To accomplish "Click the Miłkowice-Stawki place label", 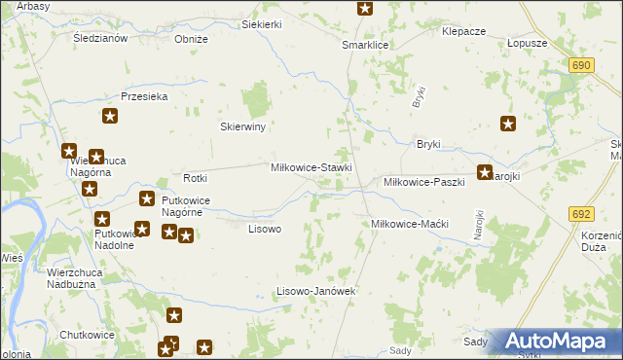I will coord(311,167).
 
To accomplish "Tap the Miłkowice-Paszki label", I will coord(423,182).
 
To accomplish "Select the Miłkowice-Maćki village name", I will coord(409,224).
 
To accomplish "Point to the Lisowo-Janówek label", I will coord(313,291).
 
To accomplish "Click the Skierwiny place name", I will coord(243,126).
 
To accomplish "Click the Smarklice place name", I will coord(365,45).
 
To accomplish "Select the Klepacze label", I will coord(463,31).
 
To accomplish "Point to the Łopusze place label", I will coord(528,44).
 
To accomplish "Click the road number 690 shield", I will coord(582,64).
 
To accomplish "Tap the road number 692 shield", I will coord(582,214).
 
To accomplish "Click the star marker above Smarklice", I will coord(365,9).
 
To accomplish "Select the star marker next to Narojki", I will coord(484,173).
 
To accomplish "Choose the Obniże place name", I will coord(191,39).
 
